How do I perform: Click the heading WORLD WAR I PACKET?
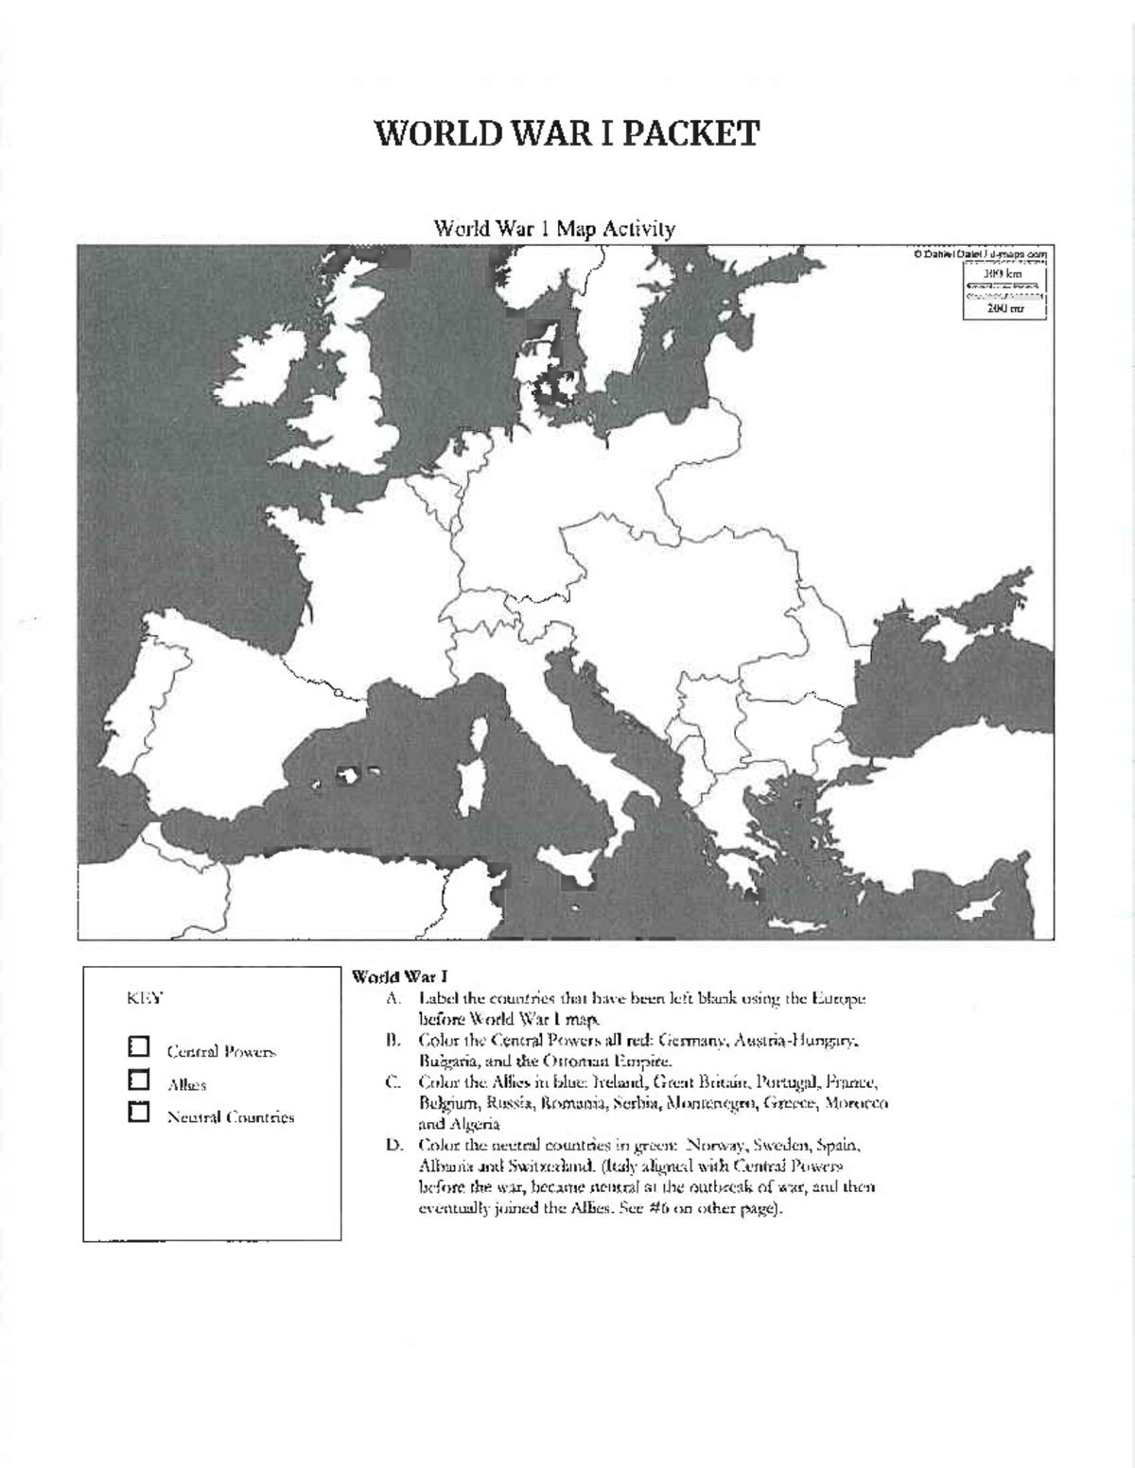[567, 133]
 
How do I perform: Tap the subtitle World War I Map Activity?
[554, 229]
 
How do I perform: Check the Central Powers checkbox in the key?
[139, 1046]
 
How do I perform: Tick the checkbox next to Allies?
[139, 1079]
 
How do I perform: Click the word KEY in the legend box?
[145, 997]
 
